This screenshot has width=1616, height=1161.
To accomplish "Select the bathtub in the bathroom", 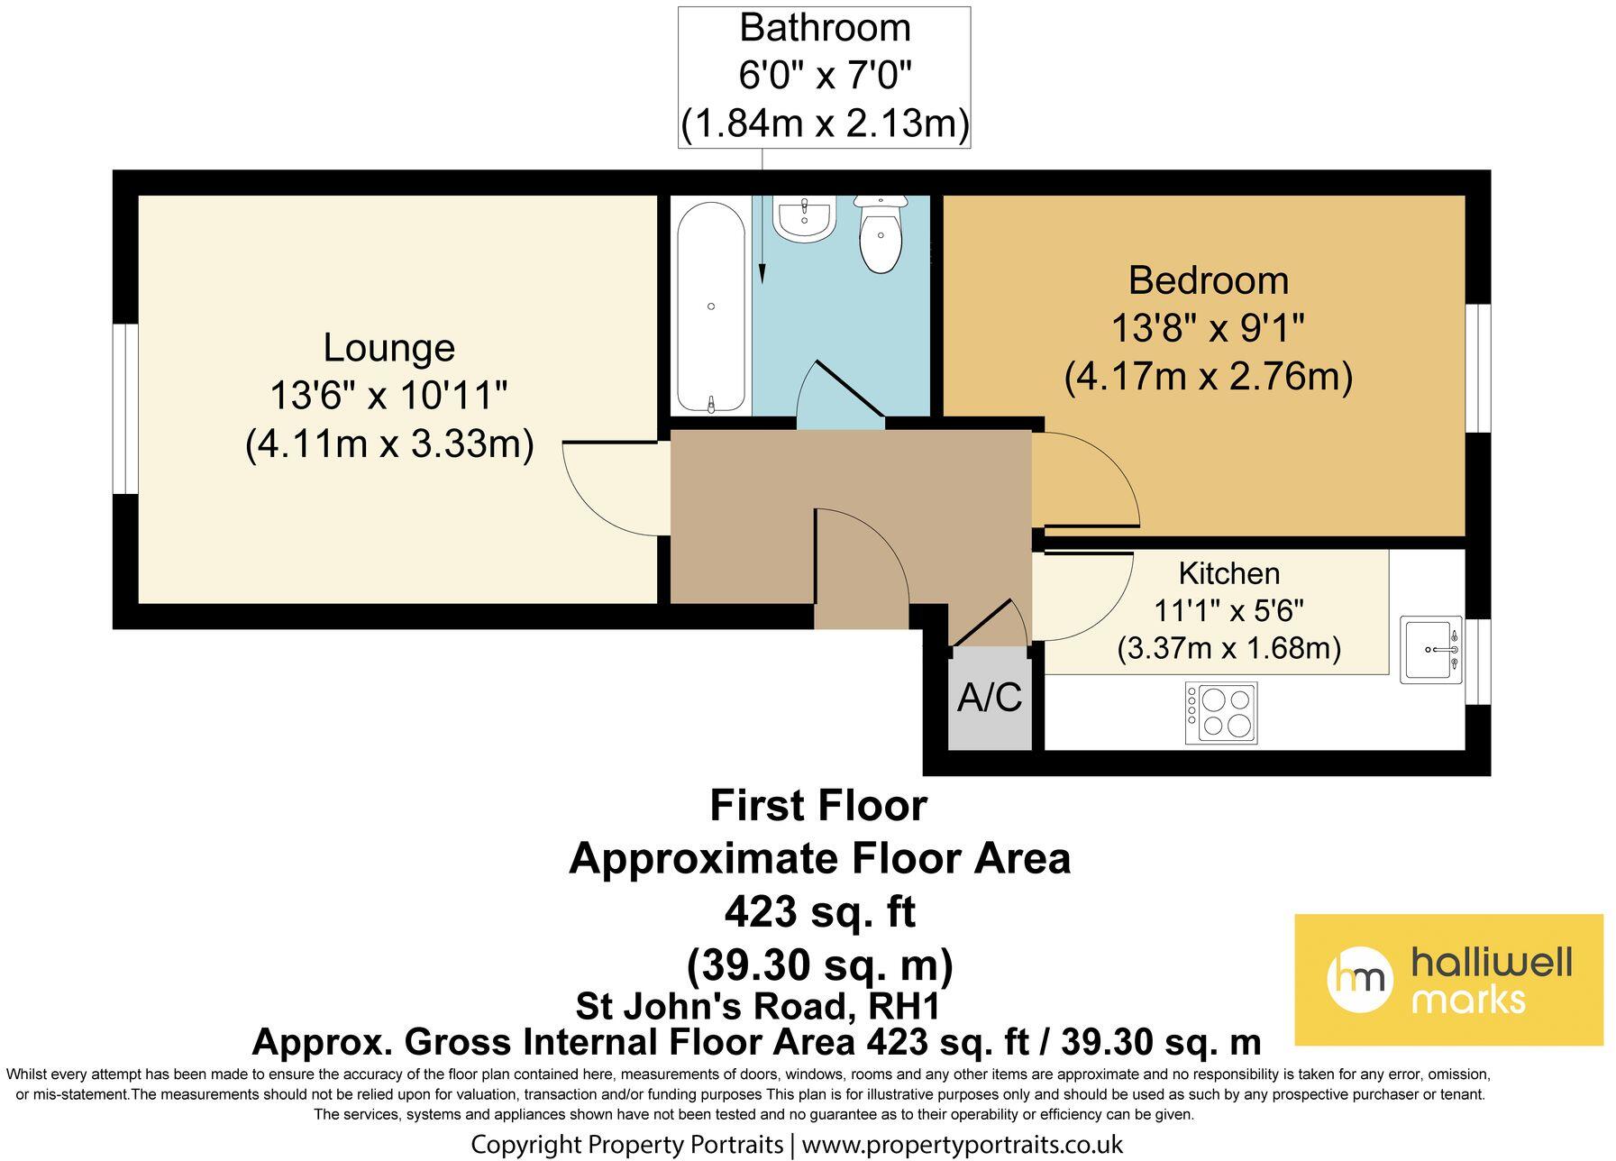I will (711, 307).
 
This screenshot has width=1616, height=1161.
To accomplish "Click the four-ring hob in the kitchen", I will (1221, 713).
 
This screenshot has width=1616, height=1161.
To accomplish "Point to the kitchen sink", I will (1431, 650).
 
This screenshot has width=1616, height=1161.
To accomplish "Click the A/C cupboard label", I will (990, 698).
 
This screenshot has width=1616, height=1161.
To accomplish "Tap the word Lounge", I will (388, 348).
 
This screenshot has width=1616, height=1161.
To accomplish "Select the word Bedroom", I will (1208, 280).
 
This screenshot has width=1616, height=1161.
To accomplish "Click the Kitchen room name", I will (1228, 573).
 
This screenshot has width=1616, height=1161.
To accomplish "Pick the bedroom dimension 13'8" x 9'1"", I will (1208, 328).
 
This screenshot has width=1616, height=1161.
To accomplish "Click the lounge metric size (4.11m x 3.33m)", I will (389, 444).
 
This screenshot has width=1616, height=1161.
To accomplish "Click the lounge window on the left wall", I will (125, 409).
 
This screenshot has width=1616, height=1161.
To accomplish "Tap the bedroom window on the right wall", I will (1477, 369).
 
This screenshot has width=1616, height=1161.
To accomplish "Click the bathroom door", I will (847, 388).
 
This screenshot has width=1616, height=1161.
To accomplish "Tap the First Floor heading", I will (817, 806).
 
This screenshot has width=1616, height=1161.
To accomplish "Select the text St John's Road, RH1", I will (759, 1004).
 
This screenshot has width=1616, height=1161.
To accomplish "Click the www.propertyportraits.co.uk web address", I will (962, 1145).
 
